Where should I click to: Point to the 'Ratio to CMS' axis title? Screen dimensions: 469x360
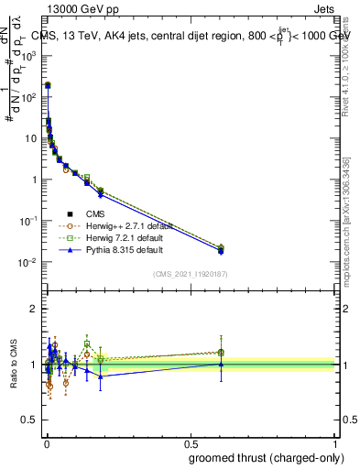14,364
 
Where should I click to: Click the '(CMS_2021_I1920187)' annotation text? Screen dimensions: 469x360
191,273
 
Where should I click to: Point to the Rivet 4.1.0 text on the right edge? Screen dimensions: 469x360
345,82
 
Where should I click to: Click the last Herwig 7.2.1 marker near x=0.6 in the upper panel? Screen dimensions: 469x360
221,247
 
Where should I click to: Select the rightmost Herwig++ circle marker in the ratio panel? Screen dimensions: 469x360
221,353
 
